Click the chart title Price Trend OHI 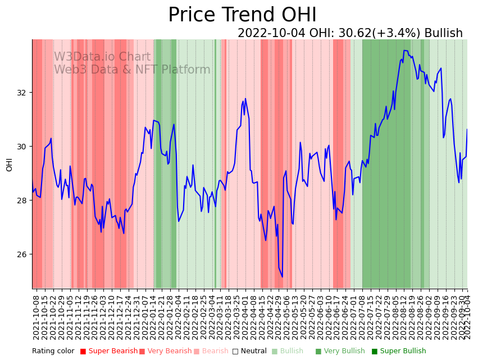click(242, 15)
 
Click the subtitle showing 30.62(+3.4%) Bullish click(350, 33)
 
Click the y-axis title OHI click(10, 164)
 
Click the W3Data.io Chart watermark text click(102, 57)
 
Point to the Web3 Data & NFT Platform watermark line click(132, 70)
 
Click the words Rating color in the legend click(53, 351)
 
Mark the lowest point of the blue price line click(282, 277)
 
